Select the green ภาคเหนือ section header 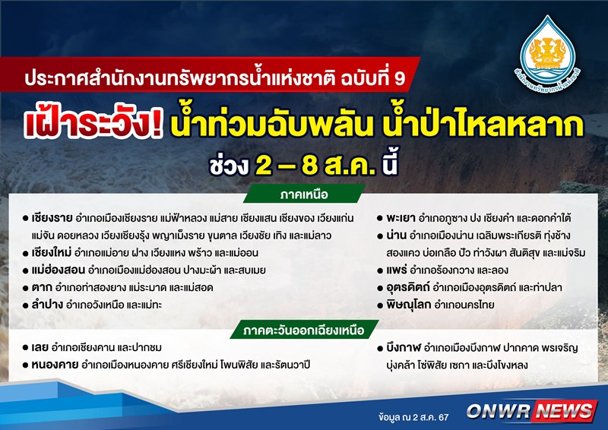(304, 194)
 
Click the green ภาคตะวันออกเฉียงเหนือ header (304, 330)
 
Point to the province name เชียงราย (52, 218)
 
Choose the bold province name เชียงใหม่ (52, 252)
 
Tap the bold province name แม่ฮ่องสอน (59, 270)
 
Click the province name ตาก (42, 287)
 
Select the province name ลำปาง (47, 305)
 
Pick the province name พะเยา (401, 218)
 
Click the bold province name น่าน (396, 235)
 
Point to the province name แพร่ (396, 270)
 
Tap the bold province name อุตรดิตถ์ (408, 287)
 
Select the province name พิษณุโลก (409, 305)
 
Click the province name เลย (40, 347)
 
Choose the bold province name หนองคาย (55, 365)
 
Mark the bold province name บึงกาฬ (404, 348)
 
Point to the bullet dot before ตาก (26, 288)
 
